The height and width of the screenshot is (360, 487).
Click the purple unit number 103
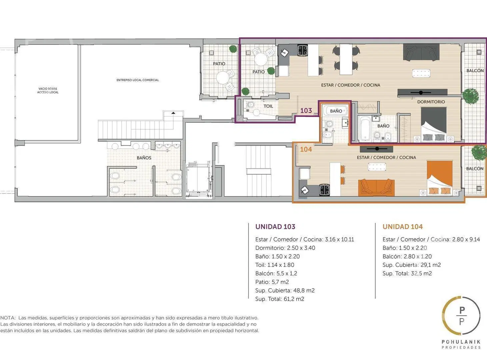click(x=306, y=110)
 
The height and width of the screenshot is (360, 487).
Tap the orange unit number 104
click(x=306, y=149)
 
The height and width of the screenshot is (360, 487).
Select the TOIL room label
click(x=268, y=106)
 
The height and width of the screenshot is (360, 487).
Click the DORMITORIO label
click(x=431, y=102)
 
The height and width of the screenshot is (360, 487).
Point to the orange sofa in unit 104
click(x=376, y=187)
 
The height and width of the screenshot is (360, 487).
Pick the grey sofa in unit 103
click(x=421, y=52)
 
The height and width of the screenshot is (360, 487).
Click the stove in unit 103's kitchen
click(x=303, y=50)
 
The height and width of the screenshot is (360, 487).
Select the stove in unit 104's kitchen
click(x=325, y=190)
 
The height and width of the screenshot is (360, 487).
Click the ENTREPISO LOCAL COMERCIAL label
click(x=138, y=80)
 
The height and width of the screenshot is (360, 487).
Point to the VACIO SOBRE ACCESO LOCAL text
click(x=48, y=90)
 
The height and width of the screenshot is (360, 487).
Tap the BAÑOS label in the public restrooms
click(x=144, y=158)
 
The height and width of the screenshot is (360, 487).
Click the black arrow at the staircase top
click(x=173, y=113)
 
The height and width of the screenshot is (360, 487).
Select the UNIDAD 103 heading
click(x=275, y=227)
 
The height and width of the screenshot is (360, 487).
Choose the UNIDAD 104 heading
click(x=403, y=227)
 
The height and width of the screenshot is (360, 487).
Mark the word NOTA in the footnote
click(x=8, y=318)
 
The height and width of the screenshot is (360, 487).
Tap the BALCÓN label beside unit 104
click(x=475, y=168)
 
